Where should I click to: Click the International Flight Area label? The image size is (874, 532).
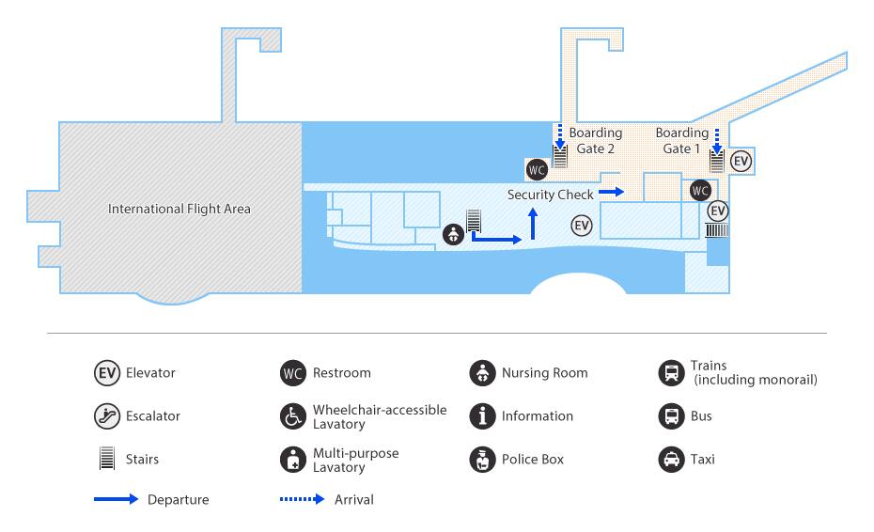tap(179, 209)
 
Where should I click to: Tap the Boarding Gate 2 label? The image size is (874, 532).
tap(595, 141)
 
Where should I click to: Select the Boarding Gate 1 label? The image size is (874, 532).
tap(681, 141)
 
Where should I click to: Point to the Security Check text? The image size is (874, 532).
tap(550, 195)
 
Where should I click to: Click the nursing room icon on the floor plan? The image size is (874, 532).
tap(453, 234)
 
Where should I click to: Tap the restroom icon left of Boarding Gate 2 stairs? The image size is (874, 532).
tap(537, 169)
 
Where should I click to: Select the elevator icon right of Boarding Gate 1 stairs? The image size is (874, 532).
tap(741, 162)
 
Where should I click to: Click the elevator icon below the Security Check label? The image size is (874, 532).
tap(582, 226)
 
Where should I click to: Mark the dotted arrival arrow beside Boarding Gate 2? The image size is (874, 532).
tap(560, 136)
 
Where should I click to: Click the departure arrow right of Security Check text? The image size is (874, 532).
tap(612, 192)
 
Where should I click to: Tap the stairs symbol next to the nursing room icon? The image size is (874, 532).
tap(474, 221)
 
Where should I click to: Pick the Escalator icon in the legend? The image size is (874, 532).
tap(106, 416)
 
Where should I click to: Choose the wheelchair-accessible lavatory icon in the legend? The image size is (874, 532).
tap(292, 416)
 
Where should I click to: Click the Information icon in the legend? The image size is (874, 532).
tap(482, 416)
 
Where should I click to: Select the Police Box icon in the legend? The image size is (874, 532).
tap(482, 460)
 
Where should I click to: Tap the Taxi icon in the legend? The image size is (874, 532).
tap(671, 460)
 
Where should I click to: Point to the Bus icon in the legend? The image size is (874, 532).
tap(671, 416)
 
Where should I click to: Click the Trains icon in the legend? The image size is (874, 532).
tap(671, 373)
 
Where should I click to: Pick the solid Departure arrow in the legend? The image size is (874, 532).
tap(116, 499)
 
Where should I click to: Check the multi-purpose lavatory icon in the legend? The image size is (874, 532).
tap(292, 460)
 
